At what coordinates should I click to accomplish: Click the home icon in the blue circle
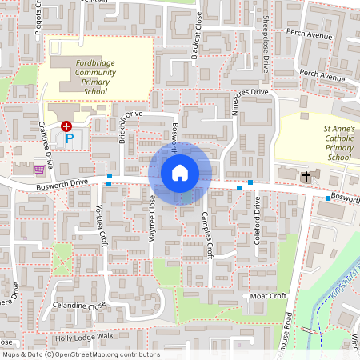[180, 172]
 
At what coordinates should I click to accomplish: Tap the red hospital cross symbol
[66, 126]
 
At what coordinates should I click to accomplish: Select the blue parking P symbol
[70, 138]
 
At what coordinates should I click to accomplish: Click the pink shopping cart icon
[39, 169]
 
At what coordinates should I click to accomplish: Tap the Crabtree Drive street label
[46, 144]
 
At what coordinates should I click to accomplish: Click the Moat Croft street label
[268, 296]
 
